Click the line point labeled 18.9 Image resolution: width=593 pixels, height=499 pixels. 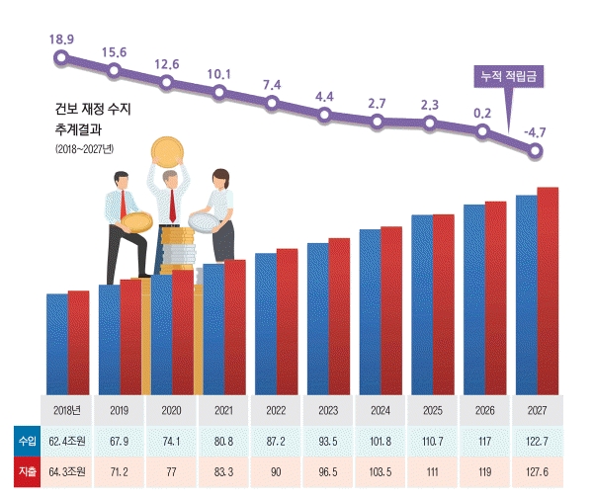(x=61, y=57)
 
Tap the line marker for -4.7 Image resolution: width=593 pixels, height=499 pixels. (x=536, y=151)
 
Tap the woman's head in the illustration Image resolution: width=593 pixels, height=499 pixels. (x=221, y=180)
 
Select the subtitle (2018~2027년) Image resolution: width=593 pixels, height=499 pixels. (x=85, y=149)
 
